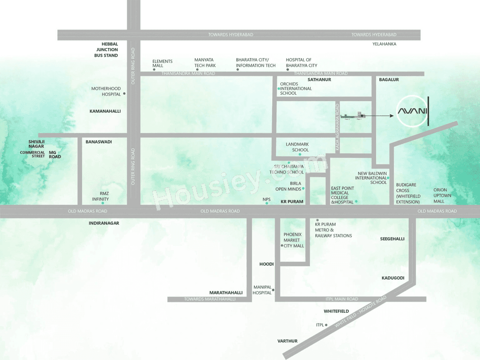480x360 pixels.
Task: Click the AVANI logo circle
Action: coord(412,111)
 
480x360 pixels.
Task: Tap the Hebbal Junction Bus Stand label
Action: coord(106,50)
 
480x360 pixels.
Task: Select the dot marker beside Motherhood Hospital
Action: coord(124,94)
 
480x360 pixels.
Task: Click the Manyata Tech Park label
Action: coord(205,63)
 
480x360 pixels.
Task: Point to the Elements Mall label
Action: coord(162,63)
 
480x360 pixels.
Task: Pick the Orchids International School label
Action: coord(295,89)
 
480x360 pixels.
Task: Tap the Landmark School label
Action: coord(297,147)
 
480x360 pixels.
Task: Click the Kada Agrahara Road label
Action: coord(337,127)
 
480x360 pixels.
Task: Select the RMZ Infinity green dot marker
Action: coord(103,203)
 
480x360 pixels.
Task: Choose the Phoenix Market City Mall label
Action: coord(294,240)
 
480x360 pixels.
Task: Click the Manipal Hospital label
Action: coord(262,290)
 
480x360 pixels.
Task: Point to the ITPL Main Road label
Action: coord(342,299)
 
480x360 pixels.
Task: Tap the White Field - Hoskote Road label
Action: coord(360,312)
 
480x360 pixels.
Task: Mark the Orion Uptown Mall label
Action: coord(442,196)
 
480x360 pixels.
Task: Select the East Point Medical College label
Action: coord(342,195)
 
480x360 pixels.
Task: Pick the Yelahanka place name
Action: coord(384,44)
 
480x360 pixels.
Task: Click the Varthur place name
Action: coord(287,341)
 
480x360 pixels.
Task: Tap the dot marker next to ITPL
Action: coord(326,325)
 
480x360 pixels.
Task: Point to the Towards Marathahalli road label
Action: coord(210,299)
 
